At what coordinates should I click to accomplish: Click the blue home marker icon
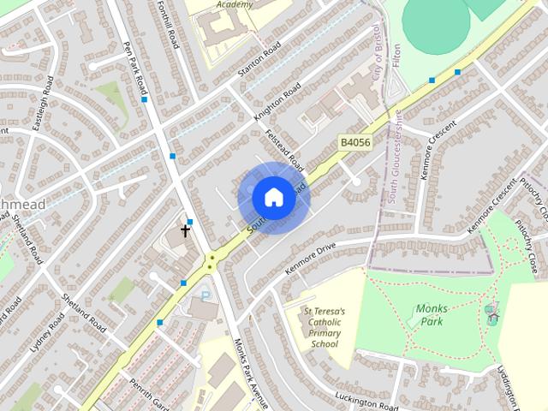click(x=273, y=197)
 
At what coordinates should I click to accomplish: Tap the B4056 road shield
click(x=354, y=143)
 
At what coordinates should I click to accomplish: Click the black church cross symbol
click(x=185, y=229)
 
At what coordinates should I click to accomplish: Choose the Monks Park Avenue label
click(x=251, y=374)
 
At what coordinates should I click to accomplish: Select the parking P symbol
click(x=205, y=295)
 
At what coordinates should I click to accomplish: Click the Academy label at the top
click(x=235, y=4)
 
